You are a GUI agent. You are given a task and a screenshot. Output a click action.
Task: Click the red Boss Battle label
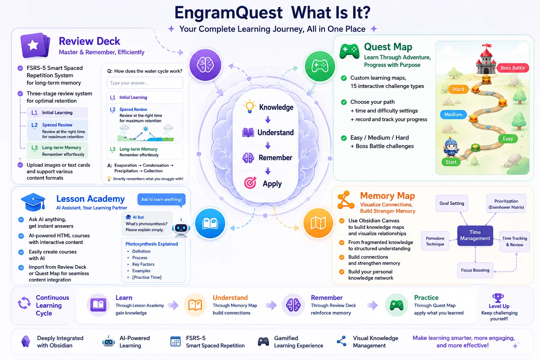click(x=513, y=68)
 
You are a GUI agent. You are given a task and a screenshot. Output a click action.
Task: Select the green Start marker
click(x=451, y=162)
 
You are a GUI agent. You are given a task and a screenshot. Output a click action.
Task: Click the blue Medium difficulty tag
click(x=453, y=115)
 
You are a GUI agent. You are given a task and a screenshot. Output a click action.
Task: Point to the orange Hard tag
click(x=458, y=89)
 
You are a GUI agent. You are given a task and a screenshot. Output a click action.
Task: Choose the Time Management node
click(x=475, y=236)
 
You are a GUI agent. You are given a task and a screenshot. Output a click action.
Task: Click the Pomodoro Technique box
click(x=435, y=241)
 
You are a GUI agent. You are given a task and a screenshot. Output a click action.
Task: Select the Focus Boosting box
click(x=475, y=270)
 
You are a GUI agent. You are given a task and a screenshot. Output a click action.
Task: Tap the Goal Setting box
click(x=452, y=203)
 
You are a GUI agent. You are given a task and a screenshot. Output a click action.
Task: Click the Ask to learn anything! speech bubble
click(x=161, y=200)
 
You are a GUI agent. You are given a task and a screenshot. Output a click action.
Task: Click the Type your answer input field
click(x=145, y=83)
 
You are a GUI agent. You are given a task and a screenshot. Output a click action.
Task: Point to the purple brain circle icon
click(x=205, y=65)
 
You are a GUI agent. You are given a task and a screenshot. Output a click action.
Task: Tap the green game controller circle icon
click(x=320, y=66)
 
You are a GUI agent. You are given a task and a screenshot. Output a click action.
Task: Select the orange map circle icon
click(x=318, y=223)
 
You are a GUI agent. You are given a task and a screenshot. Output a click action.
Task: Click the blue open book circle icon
click(x=210, y=223)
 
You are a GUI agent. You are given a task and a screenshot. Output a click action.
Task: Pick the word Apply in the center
click(x=272, y=184)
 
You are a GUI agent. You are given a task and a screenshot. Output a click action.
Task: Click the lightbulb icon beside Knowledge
click(x=249, y=106)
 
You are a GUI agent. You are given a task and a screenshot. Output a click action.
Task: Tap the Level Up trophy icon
click(x=498, y=297)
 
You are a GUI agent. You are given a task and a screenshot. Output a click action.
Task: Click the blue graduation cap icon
click(x=33, y=202)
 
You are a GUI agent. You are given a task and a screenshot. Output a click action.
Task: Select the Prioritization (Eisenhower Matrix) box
click(x=506, y=204)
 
